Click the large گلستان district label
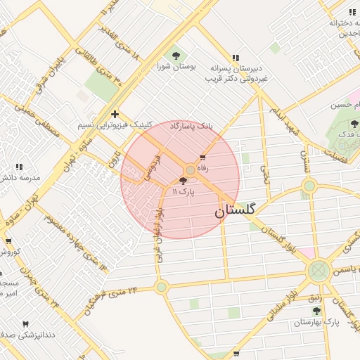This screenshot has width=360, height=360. (235, 210)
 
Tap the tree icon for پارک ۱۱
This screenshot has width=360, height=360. (184, 181)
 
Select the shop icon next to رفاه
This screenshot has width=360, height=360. (202, 157)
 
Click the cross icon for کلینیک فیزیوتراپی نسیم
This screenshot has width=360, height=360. (115, 114)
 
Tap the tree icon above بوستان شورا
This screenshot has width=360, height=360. (174, 56)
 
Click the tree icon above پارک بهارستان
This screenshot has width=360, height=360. (316, 311)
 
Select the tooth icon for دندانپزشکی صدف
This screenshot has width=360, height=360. (26, 325)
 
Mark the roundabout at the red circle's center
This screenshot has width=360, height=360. (190, 171)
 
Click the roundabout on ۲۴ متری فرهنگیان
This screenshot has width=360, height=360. (162, 286)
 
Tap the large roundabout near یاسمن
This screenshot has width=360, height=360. (319, 270)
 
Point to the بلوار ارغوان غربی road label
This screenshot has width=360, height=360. (160, 232)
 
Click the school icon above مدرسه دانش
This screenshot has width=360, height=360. (19, 167)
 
